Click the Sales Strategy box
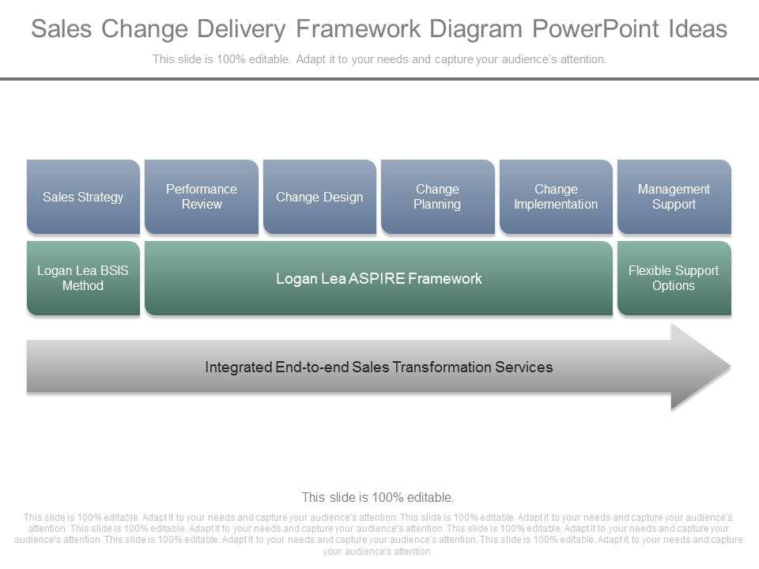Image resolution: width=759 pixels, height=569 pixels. (x=83, y=197)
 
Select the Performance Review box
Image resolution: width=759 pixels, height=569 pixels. (x=202, y=197)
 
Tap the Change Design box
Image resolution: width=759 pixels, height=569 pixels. (x=319, y=197)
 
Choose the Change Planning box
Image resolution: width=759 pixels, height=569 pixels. (x=437, y=197)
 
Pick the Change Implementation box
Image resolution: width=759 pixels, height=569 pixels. (x=556, y=197)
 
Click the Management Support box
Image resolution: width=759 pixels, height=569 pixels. (x=674, y=197)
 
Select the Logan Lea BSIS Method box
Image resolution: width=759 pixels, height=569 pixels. (x=83, y=278)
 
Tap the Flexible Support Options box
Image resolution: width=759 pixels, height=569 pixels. (x=674, y=278)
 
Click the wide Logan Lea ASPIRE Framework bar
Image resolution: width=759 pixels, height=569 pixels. (x=379, y=278)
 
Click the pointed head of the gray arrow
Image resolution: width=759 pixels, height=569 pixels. (x=700, y=367)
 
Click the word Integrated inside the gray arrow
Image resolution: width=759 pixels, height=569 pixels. (x=238, y=367)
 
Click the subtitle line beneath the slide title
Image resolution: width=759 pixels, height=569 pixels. (x=379, y=59)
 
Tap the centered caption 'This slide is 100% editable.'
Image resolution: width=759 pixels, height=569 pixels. (x=378, y=497)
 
